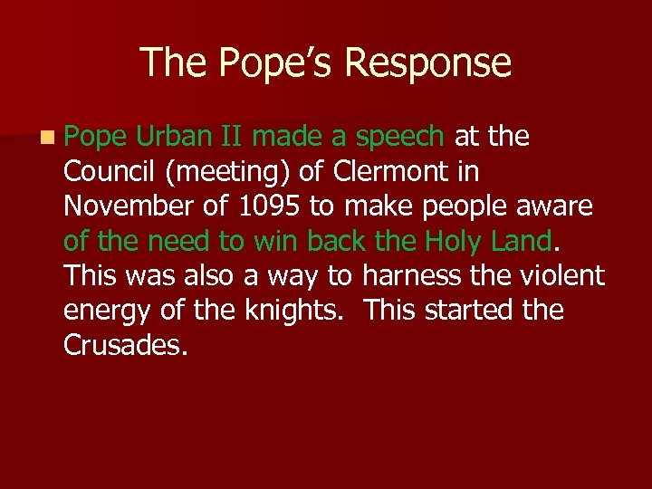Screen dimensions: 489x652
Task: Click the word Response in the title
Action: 427,63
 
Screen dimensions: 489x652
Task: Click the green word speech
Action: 399,137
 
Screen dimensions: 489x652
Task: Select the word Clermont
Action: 389,171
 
